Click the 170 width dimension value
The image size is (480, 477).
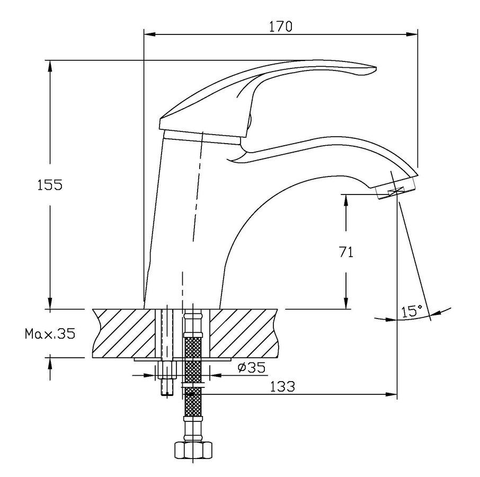(280, 26)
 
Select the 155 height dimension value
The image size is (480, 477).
(50, 185)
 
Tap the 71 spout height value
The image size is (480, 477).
(346, 252)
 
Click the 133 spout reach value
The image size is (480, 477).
(282, 387)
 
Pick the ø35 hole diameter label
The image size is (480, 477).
(252, 367)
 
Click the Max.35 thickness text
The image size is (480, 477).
(50, 333)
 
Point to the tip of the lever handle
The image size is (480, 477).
(376, 68)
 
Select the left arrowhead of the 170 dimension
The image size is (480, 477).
(149, 34)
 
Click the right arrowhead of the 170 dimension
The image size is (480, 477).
(412, 34)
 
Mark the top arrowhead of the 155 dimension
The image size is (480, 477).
(50, 66)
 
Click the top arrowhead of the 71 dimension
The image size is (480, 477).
(346, 200)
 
